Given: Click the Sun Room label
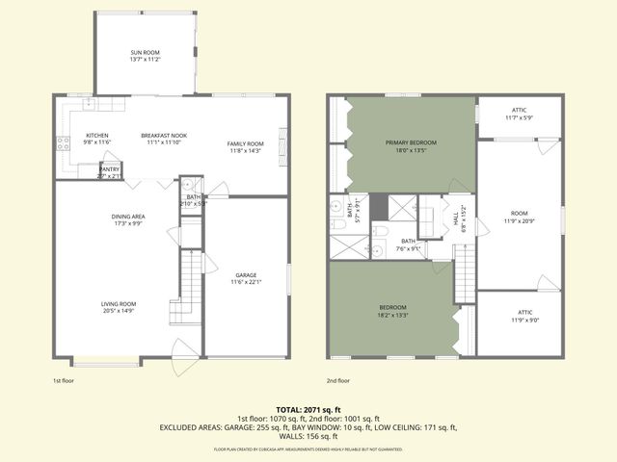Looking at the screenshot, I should (145, 55).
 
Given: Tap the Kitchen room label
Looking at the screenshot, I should (97, 139).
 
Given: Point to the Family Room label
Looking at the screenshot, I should (246, 146).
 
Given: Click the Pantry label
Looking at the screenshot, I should (110, 172).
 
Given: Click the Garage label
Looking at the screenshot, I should (246, 278).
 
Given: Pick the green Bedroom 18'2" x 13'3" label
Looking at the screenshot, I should (392, 310).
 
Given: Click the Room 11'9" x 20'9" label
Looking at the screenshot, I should (520, 218).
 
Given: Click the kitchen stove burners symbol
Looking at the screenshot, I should (64, 145).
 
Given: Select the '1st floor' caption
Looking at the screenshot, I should (64, 381).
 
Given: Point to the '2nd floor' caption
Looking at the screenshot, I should (337, 381).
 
